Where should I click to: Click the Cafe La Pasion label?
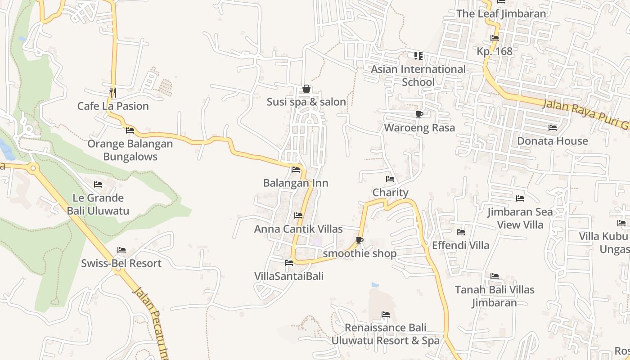click(113, 106)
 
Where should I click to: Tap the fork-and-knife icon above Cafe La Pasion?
click(113, 93)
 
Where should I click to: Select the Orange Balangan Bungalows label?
click(130, 150)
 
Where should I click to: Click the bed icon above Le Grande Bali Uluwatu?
click(98, 184)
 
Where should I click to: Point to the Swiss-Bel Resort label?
click(121, 263)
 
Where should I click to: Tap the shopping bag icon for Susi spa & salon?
click(306, 89)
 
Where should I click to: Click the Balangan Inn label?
click(296, 183)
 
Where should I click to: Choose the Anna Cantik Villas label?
click(298, 229)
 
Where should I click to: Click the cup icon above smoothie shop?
click(359, 241)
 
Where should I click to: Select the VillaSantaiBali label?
click(289, 276)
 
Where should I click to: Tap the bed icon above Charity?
click(390, 179)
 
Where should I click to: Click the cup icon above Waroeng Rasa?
click(419, 114)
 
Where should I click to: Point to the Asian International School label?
click(418, 76)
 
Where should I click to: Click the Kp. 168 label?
click(495, 51)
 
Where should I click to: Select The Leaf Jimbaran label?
click(501, 13)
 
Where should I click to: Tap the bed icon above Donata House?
click(553, 128)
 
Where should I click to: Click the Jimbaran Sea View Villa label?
click(520, 218)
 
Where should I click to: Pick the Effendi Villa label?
click(460, 245)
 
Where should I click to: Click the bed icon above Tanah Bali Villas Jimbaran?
click(495, 276)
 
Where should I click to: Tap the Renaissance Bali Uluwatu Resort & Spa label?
click(386, 334)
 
